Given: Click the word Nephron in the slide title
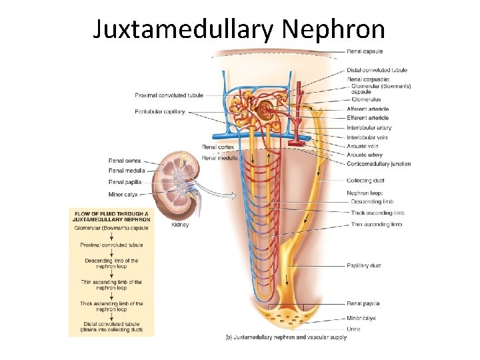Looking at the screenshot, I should pyautogui.click(x=334, y=29).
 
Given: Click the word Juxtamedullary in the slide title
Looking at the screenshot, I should pyautogui.click(x=184, y=29).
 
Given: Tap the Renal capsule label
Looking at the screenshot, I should pyautogui.click(x=365, y=51).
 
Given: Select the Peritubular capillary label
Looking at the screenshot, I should pyautogui.click(x=160, y=111).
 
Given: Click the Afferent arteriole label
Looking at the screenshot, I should pyautogui.click(x=367, y=109).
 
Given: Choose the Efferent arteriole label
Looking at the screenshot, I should pyautogui.click(x=367, y=118).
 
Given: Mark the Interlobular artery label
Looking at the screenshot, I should pyautogui.click(x=369, y=127).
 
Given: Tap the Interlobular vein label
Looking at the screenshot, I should pyautogui.click(x=367, y=137).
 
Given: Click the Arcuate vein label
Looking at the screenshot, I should pyautogui.click(x=363, y=146).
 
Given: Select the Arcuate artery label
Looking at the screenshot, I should pyautogui.click(x=365, y=155).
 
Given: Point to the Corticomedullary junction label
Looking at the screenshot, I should pyautogui.click(x=378, y=164).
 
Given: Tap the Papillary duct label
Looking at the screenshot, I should pyautogui.click(x=364, y=266).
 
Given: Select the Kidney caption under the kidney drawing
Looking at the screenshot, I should pyautogui.click(x=180, y=225).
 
